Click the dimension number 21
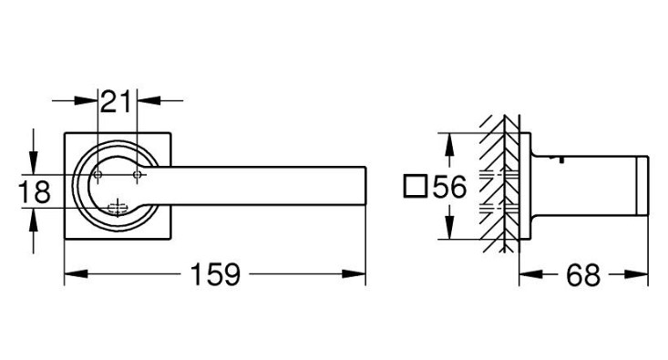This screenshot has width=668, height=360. [116, 101]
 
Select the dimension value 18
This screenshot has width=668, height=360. [35, 191]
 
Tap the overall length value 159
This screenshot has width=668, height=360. [216, 274]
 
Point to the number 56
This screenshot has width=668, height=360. [450, 187]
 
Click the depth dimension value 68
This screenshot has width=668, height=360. [583, 275]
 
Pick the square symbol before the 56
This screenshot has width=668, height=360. [415, 186]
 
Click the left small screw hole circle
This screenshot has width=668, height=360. [98, 174]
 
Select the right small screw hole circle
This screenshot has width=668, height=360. [137, 174]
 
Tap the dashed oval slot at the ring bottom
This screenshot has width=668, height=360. [118, 208]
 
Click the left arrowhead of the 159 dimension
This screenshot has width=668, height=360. [76, 274]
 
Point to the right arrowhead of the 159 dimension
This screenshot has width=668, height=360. [354, 274]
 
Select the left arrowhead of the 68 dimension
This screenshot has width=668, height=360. [530, 274]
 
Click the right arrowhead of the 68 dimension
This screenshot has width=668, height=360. [636, 274]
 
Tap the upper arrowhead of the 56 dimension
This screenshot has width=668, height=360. [448, 144]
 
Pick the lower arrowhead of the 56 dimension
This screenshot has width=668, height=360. [448, 228]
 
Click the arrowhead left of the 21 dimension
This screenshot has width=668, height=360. [86, 100]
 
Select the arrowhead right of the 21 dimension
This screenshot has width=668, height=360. [149, 100]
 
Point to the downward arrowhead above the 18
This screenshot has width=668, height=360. [34, 162]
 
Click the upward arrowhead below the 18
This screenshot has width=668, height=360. [34, 220]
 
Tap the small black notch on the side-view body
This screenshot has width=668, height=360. [561, 159]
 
